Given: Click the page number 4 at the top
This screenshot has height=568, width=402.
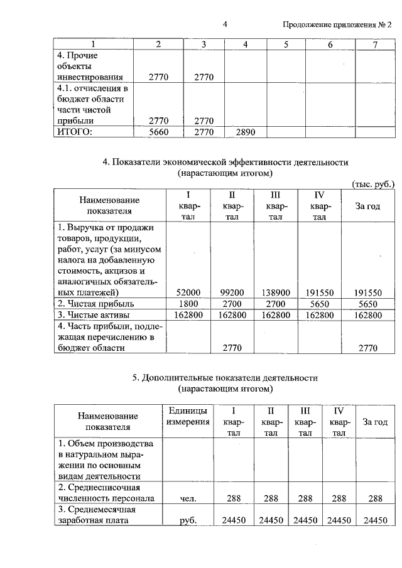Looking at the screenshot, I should (224, 24).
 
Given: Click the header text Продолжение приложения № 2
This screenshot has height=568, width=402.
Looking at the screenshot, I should (337, 25).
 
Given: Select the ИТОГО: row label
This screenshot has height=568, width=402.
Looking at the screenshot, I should (75, 132).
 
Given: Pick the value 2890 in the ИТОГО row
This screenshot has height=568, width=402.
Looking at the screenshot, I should (246, 132).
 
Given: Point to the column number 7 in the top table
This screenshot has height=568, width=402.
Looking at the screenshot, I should (375, 45).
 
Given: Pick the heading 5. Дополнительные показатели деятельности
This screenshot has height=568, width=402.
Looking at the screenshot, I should (225, 378).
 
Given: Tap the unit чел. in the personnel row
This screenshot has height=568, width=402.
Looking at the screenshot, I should (187, 499).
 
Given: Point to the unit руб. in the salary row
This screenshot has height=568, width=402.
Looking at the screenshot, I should (187, 520).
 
